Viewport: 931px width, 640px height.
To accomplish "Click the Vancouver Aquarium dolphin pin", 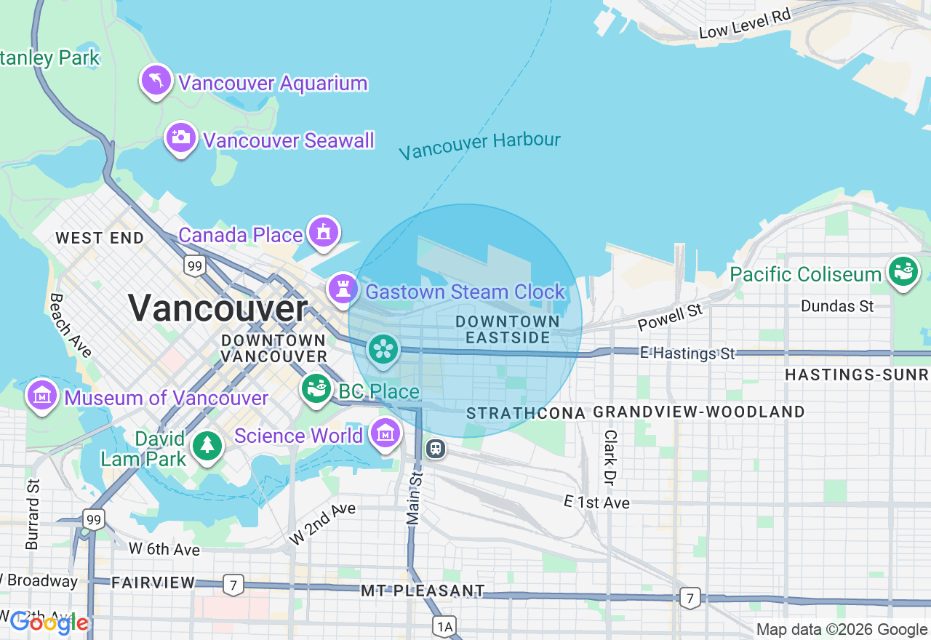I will [156, 80].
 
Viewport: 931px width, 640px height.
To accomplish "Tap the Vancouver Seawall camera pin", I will [180, 137].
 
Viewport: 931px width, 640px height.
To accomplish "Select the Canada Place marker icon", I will [324, 232].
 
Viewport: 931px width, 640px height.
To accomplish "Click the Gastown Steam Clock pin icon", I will [343, 289].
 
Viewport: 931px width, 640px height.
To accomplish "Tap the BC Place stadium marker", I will [316, 389].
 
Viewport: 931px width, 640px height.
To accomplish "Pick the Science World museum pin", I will [385, 433].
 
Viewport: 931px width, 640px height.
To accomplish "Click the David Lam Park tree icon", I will [207, 446].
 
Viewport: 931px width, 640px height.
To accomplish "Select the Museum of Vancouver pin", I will [42, 396].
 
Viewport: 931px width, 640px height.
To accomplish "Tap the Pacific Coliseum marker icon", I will [903, 272].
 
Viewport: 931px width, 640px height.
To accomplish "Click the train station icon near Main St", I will [436, 449].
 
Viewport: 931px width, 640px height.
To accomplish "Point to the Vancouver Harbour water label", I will [479, 145].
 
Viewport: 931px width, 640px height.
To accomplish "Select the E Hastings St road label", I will [687, 353].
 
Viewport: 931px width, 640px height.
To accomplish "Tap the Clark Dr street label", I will [610, 458].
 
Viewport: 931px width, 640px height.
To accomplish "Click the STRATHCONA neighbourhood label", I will [525, 413].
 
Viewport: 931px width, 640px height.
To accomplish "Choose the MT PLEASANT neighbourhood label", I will [423, 590].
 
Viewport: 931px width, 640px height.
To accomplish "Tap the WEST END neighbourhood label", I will [100, 238].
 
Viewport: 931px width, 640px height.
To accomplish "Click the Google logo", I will [49, 623].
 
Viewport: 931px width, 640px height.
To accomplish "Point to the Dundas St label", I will [837, 306].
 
